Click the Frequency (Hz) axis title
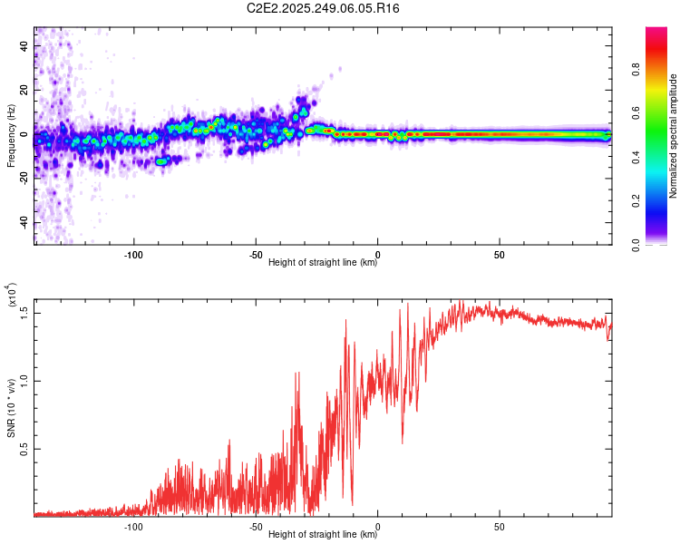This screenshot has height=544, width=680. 10,135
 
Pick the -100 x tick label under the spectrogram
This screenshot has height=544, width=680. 133,254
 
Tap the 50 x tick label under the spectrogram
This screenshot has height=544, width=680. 500,254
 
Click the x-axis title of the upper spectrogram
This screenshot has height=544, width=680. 323,263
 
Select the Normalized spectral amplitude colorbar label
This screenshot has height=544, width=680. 674,135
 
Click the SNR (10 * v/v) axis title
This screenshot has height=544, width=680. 11,406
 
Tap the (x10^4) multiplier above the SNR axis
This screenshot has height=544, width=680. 11,295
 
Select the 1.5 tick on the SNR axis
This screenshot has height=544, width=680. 24,312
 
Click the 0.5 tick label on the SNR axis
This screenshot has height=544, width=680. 24,448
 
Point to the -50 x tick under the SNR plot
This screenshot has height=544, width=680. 256,526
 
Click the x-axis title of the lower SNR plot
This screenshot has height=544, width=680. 323,535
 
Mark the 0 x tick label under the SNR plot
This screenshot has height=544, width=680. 378,526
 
